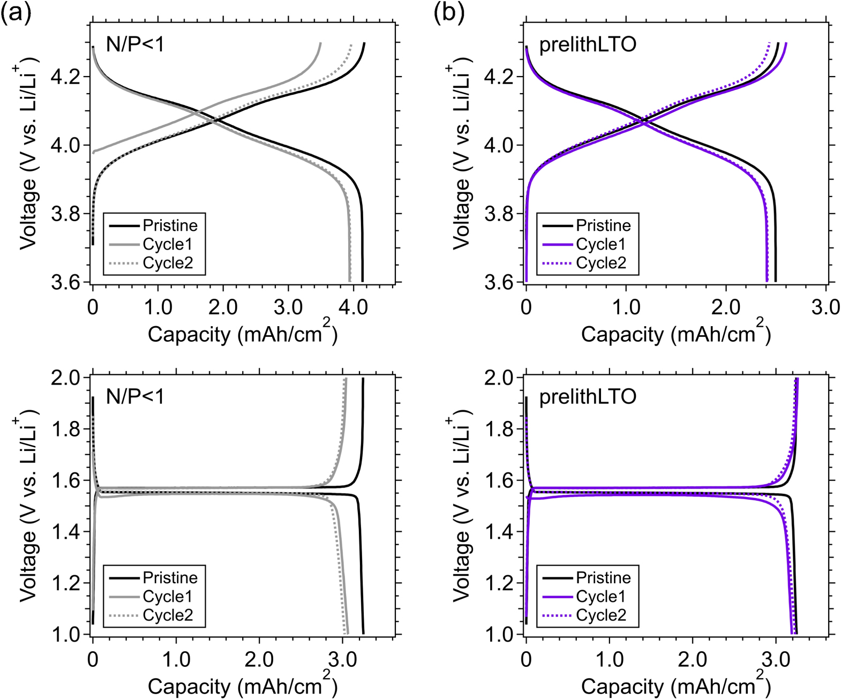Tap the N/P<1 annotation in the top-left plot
[x=135, y=44]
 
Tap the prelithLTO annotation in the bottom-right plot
[x=588, y=397]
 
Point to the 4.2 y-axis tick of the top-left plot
[x=65, y=77]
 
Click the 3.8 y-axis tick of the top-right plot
[x=499, y=214]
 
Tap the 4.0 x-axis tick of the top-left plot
[x=354, y=307]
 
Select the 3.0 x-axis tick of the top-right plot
[x=825, y=307]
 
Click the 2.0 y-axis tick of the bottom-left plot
[x=65, y=378]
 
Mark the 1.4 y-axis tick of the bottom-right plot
[x=499, y=532]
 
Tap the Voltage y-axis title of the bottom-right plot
[x=461, y=506]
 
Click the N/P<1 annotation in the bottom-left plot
[x=135, y=397]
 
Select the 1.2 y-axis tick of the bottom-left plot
[x=65, y=583]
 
